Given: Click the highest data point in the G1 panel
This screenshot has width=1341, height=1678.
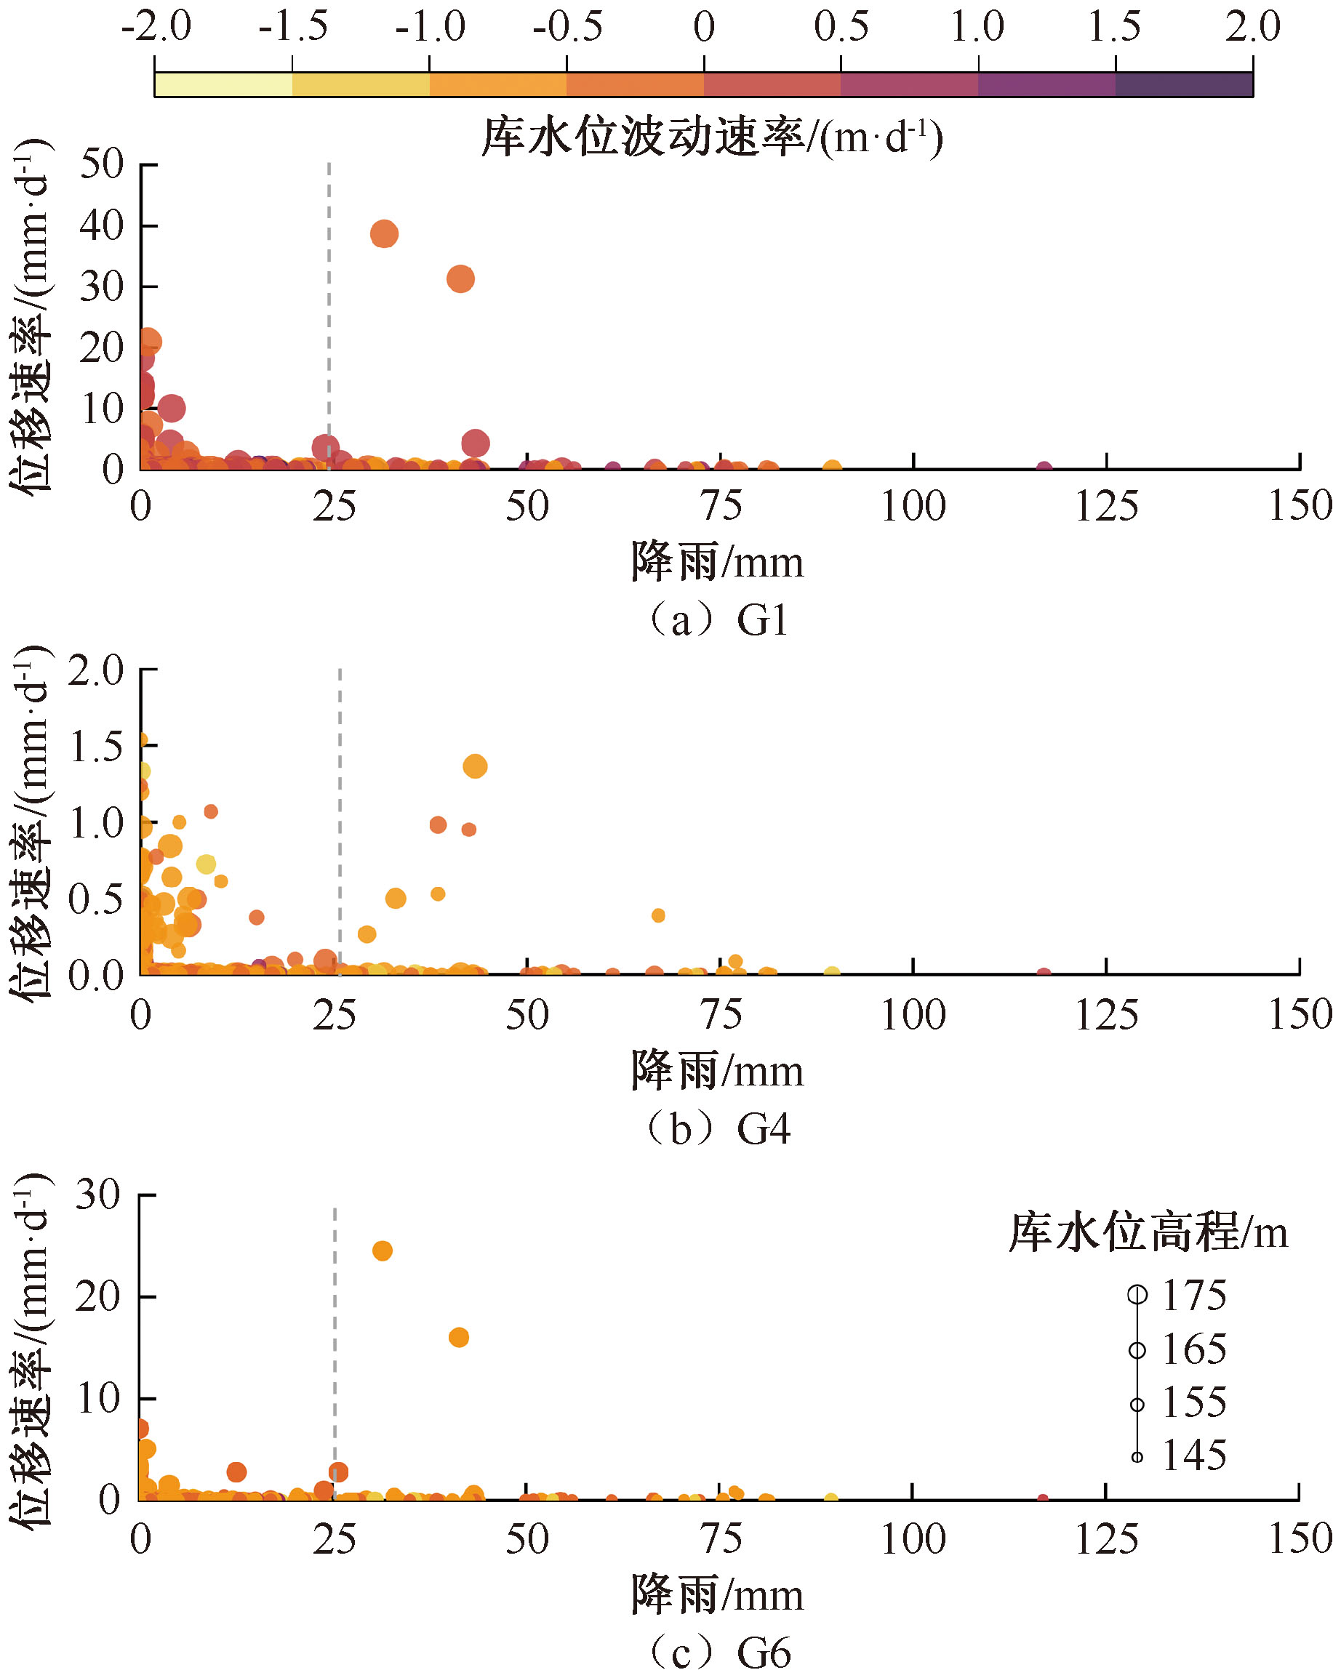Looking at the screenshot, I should [384, 233].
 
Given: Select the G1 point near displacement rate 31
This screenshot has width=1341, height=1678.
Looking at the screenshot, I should [461, 278].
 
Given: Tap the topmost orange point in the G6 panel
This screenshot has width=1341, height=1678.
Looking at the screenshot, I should [382, 1251].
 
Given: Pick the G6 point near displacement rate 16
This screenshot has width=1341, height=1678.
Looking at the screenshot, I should [459, 1337].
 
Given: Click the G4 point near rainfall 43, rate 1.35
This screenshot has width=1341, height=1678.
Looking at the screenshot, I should [475, 766].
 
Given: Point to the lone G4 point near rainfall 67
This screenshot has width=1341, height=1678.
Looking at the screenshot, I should [658, 915].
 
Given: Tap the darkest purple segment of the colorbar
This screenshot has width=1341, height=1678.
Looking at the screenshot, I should [1184, 84].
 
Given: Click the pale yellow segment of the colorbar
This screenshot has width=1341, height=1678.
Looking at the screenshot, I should [224, 84].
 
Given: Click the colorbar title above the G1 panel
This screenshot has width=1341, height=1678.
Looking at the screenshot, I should [712, 137].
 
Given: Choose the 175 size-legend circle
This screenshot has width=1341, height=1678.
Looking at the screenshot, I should [1137, 1294].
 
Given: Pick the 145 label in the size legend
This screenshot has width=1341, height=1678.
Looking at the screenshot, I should [1194, 1455].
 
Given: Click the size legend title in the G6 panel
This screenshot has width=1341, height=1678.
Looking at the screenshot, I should [1148, 1233].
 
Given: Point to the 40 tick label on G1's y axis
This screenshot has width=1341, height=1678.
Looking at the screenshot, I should [102, 225].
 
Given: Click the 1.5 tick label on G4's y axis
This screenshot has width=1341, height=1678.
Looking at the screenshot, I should [97, 747].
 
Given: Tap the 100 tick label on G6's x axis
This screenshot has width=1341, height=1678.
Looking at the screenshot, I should [912, 1539].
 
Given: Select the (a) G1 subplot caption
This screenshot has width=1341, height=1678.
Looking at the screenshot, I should [718, 621].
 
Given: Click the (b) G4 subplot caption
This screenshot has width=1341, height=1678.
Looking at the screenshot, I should [718, 1129].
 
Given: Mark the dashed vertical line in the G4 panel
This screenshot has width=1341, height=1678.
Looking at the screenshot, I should [340, 817].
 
